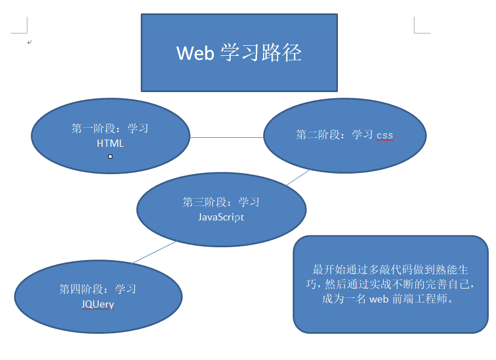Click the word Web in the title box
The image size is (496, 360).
195,53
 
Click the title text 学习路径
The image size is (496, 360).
261,53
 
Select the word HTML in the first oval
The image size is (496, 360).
110,143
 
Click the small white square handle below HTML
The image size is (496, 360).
110,156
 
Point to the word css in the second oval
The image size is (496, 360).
385,135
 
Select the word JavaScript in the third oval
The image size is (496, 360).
221,217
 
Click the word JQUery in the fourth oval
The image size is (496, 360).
98,304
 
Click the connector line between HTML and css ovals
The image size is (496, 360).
226,137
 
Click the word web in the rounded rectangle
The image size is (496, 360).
379,299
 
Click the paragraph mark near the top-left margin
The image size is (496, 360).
30,42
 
